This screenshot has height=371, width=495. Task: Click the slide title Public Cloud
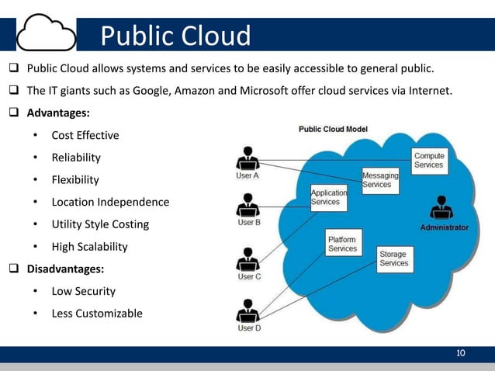176,36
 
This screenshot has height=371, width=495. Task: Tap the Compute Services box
428,160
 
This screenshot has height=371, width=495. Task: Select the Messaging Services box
380,180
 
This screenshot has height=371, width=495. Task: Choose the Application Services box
329,197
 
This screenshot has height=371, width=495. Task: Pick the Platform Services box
342,244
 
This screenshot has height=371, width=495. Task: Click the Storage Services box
393,258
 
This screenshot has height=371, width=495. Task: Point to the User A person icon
247,158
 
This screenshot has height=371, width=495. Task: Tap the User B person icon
247,205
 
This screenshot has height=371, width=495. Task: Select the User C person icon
247,258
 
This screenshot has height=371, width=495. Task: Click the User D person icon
247,310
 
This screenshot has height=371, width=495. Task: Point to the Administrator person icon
444,209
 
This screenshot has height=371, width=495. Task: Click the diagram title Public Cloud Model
334,129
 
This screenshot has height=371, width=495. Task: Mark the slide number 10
461,354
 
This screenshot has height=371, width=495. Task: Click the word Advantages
57,113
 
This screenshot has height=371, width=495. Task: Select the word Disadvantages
65,269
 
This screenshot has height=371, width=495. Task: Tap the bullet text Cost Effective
85,135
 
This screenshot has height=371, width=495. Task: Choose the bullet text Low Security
84,291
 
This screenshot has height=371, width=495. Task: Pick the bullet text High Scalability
89,247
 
